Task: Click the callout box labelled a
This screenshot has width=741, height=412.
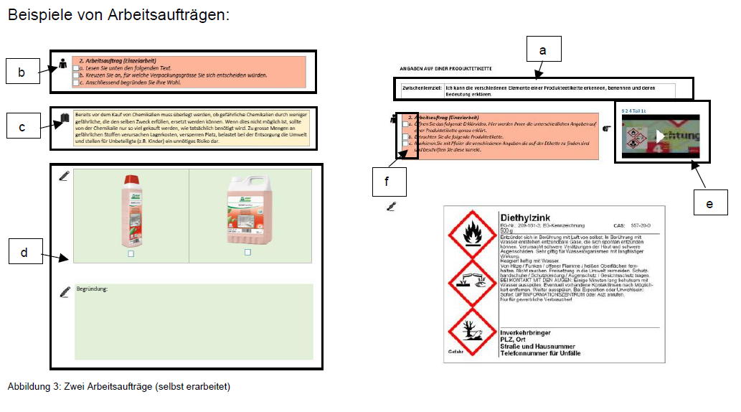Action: point(542,50)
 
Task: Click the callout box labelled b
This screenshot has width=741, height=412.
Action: point(22,72)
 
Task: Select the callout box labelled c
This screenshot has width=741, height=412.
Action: point(22,127)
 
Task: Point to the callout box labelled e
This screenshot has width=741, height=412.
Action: point(709,204)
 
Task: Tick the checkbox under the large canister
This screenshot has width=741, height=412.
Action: point(247,253)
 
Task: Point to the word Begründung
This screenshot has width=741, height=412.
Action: point(91,289)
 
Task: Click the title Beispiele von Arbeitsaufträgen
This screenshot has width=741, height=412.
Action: point(118,14)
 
